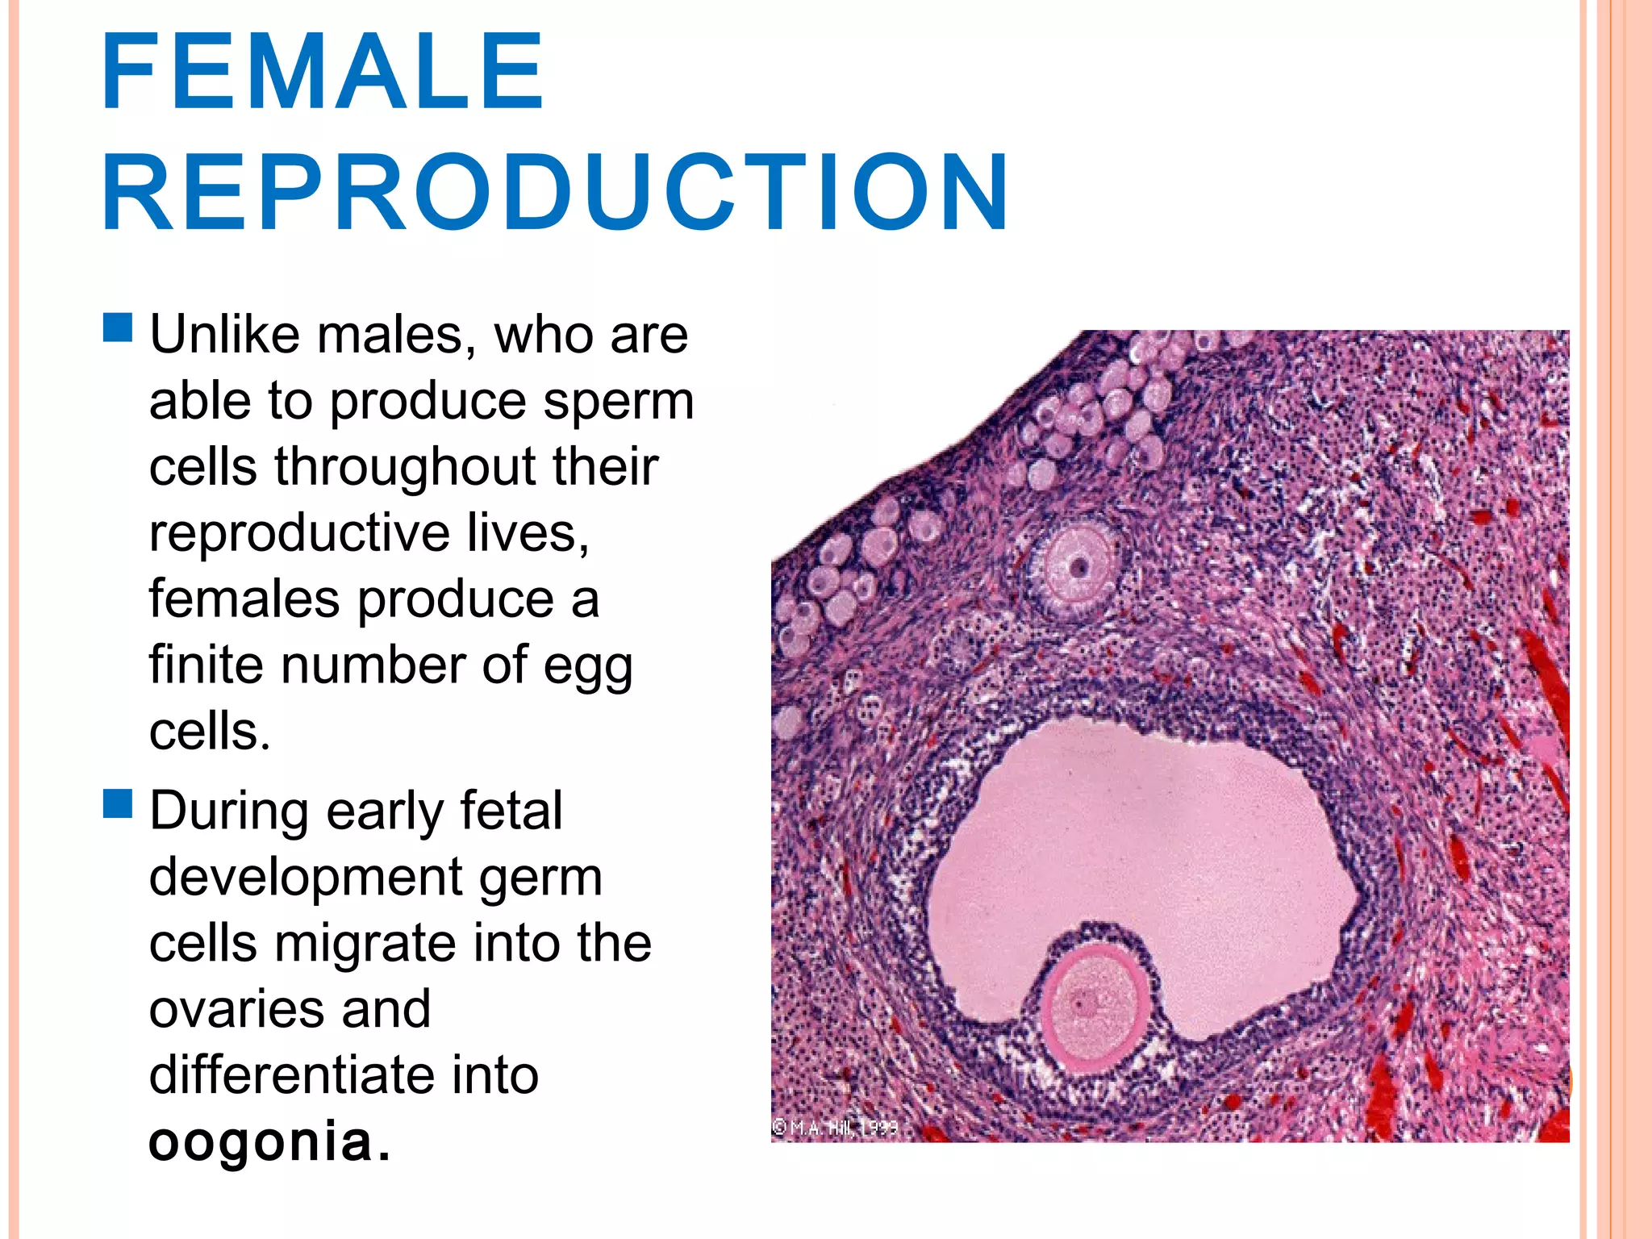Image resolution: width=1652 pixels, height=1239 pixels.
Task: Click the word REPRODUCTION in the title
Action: click(555, 194)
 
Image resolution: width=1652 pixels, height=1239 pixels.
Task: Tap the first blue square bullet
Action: click(118, 328)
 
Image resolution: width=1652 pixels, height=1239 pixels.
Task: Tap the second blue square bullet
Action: click(118, 804)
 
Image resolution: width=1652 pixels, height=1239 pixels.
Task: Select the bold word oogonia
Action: click(260, 1141)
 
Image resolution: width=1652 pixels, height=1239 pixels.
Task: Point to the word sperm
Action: click(618, 401)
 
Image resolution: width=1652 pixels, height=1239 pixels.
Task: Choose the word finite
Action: click(206, 665)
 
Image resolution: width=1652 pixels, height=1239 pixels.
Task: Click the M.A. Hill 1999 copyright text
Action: click(835, 1127)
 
